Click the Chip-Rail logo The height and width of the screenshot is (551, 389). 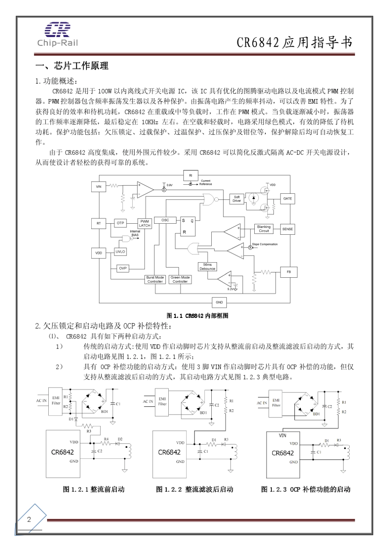[x=57, y=34]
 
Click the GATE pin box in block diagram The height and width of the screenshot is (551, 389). [x=287, y=199]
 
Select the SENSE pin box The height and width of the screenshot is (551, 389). [x=287, y=229]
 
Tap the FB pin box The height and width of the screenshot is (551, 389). [x=288, y=272]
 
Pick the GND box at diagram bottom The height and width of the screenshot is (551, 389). [x=219, y=302]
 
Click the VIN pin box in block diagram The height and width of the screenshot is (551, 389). [x=99, y=187]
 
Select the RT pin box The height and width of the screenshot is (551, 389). [x=99, y=223]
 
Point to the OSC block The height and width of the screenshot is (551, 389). [x=165, y=220]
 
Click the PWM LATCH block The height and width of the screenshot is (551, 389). [x=145, y=223]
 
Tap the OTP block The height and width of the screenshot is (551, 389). [x=120, y=223]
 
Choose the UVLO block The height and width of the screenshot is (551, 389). [x=120, y=252]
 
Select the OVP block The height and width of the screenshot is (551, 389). [x=123, y=268]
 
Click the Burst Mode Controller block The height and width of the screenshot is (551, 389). [x=155, y=279]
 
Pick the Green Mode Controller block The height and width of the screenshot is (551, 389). [x=180, y=279]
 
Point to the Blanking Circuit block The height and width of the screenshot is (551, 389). [x=264, y=229]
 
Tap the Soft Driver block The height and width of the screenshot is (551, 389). [x=237, y=199]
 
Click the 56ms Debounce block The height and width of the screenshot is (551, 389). [x=207, y=267]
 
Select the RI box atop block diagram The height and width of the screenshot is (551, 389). [x=190, y=175]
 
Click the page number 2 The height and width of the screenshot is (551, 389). [x=29, y=519]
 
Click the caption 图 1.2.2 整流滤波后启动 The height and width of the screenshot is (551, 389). [x=194, y=489]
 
